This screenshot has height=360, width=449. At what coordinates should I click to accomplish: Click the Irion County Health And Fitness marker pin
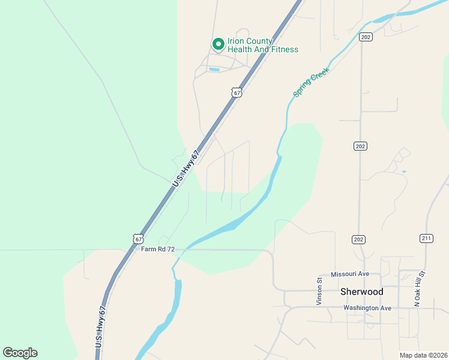(x=218, y=44)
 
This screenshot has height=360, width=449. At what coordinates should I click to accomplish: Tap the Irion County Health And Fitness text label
(x=262, y=44)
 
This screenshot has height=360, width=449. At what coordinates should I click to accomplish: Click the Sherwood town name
(x=361, y=292)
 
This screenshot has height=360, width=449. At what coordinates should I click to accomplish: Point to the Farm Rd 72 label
(x=158, y=249)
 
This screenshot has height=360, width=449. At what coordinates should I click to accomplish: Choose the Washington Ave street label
(x=367, y=308)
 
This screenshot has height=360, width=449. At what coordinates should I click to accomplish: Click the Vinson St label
(x=320, y=291)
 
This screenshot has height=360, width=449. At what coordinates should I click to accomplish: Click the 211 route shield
(x=426, y=238)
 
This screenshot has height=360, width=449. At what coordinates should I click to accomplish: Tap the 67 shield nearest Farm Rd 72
(x=139, y=238)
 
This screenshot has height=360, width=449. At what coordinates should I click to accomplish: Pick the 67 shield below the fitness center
(x=237, y=92)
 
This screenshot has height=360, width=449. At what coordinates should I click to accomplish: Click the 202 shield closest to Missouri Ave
(x=358, y=239)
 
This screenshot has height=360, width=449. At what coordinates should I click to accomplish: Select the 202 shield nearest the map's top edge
(x=365, y=37)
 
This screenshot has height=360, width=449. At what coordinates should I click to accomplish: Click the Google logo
(x=20, y=353)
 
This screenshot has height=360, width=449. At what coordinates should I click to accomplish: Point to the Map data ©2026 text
(x=424, y=355)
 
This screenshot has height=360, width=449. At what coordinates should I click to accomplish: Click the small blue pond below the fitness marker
(x=214, y=70)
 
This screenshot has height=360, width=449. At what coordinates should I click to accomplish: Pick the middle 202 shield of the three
(x=360, y=146)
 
